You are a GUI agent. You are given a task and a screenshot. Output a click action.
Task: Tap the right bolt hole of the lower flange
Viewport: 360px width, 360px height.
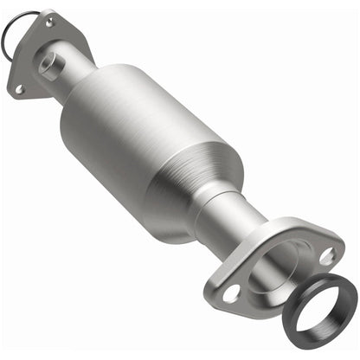coord(326,255)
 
